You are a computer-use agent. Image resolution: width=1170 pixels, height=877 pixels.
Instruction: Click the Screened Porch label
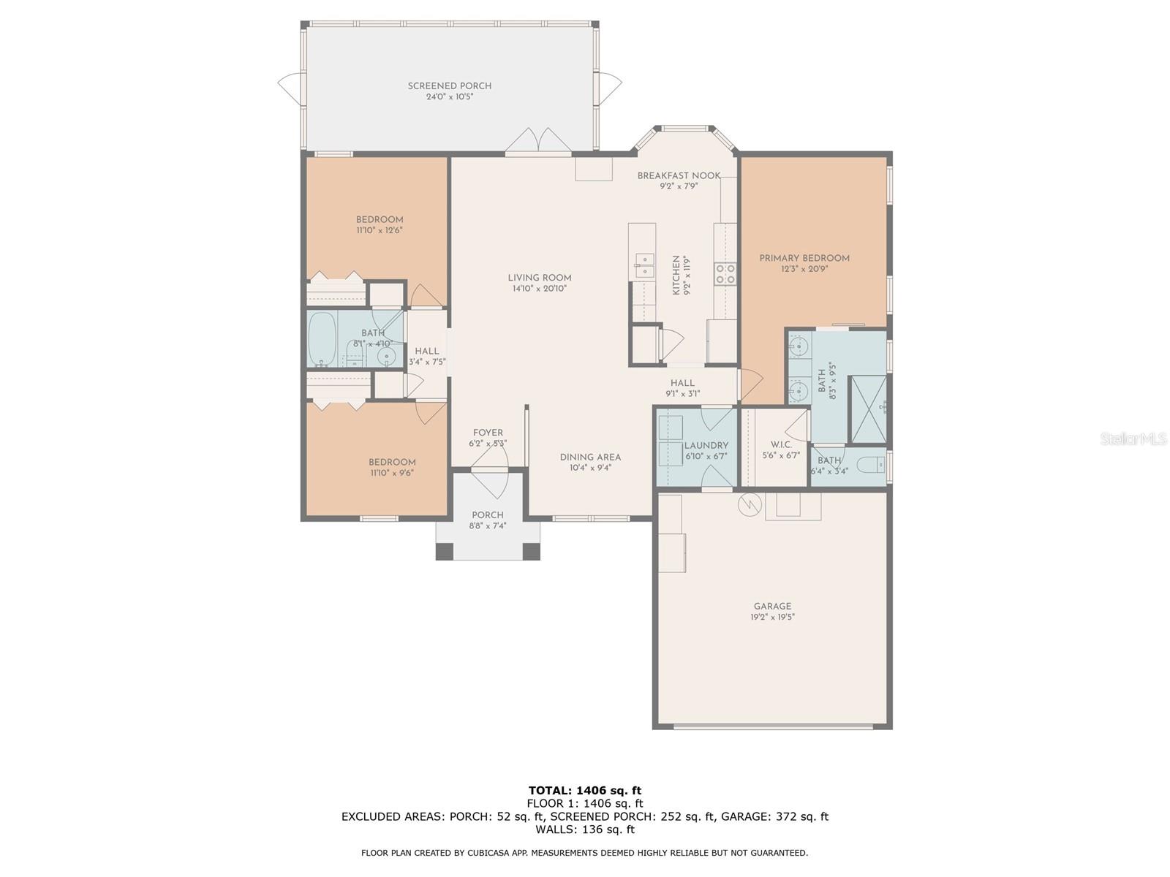[449, 86]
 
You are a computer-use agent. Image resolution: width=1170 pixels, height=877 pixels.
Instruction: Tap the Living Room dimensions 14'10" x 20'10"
[540, 289]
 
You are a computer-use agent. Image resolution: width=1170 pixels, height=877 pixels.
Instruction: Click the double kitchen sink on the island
[644, 265]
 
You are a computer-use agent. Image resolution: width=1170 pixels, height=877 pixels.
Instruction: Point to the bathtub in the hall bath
[321, 340]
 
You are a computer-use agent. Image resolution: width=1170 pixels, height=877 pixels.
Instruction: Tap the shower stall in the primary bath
[868, 410]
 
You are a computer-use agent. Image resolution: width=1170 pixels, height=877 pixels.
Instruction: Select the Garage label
[772, 606]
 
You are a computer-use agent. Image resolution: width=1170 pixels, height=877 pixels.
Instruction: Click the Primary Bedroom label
[804, 258]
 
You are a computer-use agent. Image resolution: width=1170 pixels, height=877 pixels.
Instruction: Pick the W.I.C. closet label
[781, 444]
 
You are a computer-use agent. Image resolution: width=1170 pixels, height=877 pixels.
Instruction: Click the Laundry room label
[706, 446]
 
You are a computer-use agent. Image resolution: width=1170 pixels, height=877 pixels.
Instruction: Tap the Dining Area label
[589, 458]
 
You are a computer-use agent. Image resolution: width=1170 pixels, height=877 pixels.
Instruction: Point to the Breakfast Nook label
[678, 175]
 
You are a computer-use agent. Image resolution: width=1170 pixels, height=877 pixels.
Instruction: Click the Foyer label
[488, 433]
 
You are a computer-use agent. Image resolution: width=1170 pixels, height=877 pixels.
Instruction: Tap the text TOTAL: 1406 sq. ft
[584, 790]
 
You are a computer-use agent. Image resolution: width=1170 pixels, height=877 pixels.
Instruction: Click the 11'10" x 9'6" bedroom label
[392, 473]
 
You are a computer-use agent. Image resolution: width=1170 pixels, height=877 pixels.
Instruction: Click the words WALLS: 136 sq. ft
[584, 829]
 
